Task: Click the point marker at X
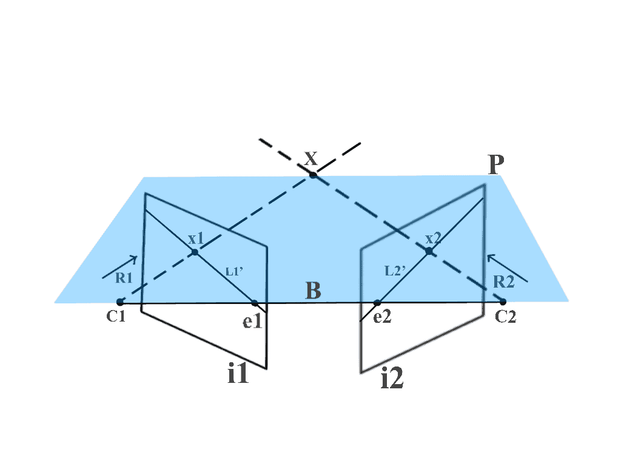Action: [x=313, y=175]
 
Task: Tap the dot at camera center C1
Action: [x=120, y=302]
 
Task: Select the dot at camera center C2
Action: [x=503, y=302]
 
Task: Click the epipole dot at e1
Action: [x=255, y=303]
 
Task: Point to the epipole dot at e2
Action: [x=377, y=303]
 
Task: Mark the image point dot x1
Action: [x=195, y=252]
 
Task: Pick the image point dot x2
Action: [x=429, y=251]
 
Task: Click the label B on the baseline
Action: [x=314, y=291]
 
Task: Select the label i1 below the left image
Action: [x=238, y=373]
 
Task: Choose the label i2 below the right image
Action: [x=392, y=377]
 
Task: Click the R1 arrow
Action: [x=120, y=267]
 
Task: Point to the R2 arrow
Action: [x=508, y=268]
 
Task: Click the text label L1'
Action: [x=234, y=272]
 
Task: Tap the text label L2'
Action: [x=395, y=271]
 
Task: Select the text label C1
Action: [x=116, y=317]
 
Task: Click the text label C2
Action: [x=505, y=317]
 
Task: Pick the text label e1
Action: [x=252, y=322]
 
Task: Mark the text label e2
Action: [x=382, y=317]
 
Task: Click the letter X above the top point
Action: [x=311, y=158]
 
